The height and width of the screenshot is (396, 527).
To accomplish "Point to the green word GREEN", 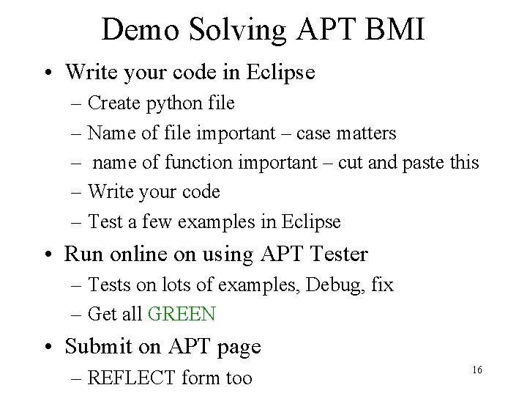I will [182, 315].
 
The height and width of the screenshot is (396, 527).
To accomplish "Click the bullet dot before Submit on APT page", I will [51, 347].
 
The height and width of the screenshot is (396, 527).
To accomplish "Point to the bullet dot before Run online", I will [51, 254].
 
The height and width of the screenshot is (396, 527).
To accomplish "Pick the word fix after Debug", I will [381, 285].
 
